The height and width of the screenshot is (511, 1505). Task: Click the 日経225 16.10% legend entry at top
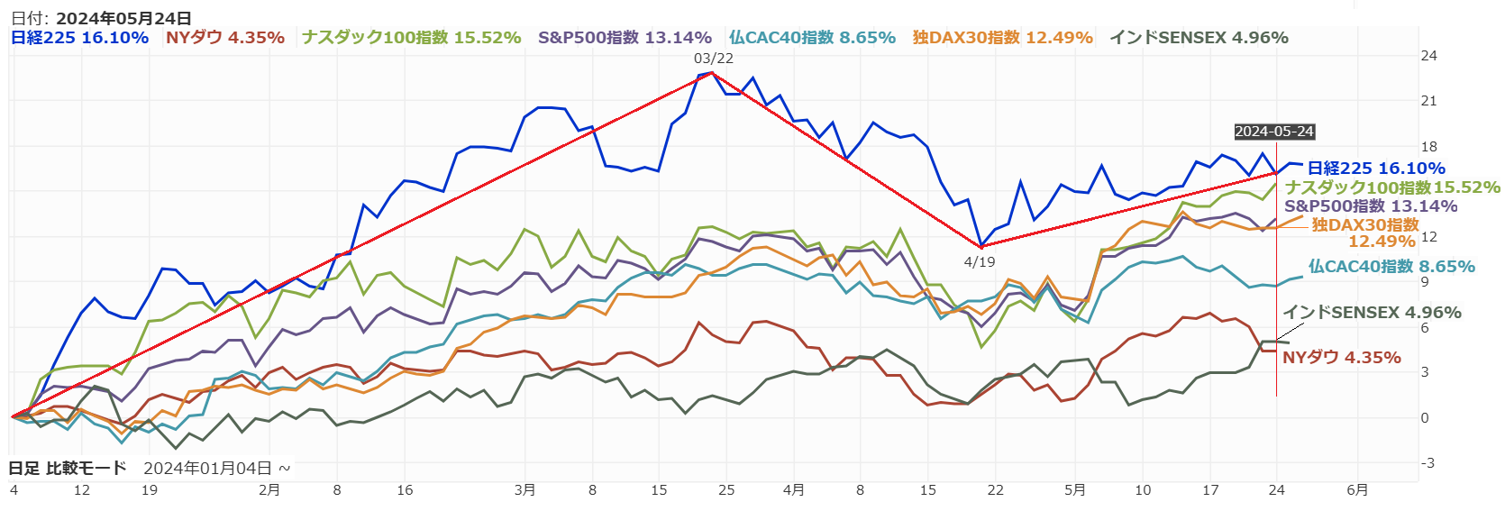click(x=79, y=38)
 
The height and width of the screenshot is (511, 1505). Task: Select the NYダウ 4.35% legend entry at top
click(x=225, y=38)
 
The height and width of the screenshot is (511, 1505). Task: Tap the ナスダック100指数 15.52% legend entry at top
click(x=412, y=38)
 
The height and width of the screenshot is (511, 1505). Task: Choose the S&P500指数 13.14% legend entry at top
click(x=625, y=38)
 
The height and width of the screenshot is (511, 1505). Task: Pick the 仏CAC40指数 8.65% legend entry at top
click(x=812, y=38)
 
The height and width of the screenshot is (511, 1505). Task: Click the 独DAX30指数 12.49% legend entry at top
click(x=1002, y=38)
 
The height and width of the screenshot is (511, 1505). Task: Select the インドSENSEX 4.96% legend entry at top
click(x=1199, y=38)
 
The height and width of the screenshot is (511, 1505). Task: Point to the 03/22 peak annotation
click(x=713, y=59)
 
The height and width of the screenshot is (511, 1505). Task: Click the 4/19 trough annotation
click(x=980, y=261)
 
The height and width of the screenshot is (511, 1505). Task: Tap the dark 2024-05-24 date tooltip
click(x=1274, y=132)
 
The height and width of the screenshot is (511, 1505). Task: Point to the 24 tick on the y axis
click(x=1428, y=56)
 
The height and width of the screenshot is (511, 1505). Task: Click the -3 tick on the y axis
click(x=1427, y=463)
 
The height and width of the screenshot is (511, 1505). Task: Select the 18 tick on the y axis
click(x=1428, y=147)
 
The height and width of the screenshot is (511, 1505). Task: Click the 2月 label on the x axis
click(x=269, y=490)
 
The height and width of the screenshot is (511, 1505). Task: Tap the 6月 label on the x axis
click(x=1357, y=490)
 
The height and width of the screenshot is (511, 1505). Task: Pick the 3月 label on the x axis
click(x=524, y=490)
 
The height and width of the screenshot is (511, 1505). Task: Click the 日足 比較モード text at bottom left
click(x=68, y=469)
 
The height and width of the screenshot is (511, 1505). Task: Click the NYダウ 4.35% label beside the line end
click(x=1341, y=358)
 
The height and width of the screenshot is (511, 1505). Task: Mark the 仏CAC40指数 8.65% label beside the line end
click(x=1391, y=267)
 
